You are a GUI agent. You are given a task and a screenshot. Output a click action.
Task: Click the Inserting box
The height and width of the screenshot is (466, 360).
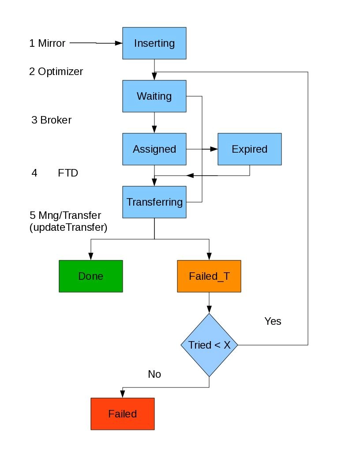(x=154, y=43)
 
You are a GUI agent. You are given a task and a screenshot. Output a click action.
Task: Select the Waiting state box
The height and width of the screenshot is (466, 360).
(x=154, y=96)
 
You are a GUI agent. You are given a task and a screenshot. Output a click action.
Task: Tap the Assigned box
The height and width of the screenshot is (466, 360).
(x=154, y=149)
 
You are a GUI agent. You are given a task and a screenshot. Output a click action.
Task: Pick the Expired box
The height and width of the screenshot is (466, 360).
(x=249, y=149)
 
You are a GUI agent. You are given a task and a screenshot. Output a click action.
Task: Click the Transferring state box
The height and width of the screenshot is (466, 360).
(x=154, y=202)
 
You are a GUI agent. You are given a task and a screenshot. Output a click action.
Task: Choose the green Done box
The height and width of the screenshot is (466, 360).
(x=90, y=276)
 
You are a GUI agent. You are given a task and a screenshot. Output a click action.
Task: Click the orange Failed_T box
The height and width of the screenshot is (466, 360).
(x=209, y=276)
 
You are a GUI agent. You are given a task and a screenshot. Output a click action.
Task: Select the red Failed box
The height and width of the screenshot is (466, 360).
(x=122, y=414)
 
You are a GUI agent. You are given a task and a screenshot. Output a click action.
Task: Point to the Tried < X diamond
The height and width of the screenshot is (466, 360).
(x=209, y=345)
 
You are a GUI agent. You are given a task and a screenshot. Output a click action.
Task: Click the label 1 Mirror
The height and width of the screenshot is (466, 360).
(x=47, y=43)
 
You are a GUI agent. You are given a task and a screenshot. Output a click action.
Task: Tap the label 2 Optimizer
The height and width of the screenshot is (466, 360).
(x=56, y=71)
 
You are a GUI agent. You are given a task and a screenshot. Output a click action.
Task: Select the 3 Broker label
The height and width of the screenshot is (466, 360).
(x=51, y=120)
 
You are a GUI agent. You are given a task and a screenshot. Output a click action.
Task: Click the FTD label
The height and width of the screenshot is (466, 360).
(x=68, y=173)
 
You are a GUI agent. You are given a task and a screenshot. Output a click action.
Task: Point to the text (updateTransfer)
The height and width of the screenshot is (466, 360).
(x=68, y=228)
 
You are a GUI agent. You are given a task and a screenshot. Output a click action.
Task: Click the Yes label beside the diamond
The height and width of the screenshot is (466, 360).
(x=273, y=321)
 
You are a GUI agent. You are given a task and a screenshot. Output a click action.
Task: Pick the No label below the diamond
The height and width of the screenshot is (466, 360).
(x=154, y=374)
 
